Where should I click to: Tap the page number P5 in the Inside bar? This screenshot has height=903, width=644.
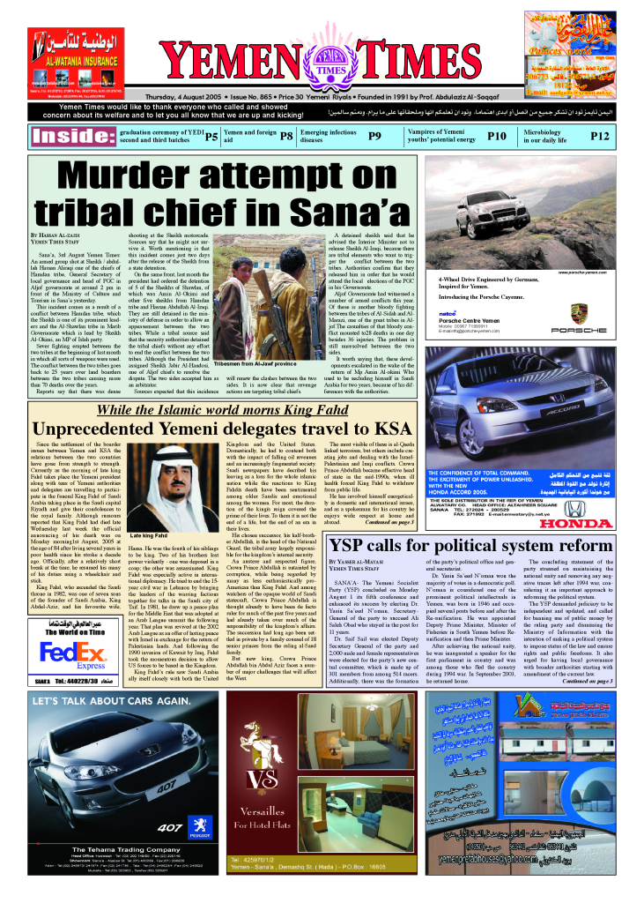pyautogui.click(x=211, y=137)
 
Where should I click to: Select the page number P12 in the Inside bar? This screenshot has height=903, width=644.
pyautogui.click(x=600, y=137)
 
